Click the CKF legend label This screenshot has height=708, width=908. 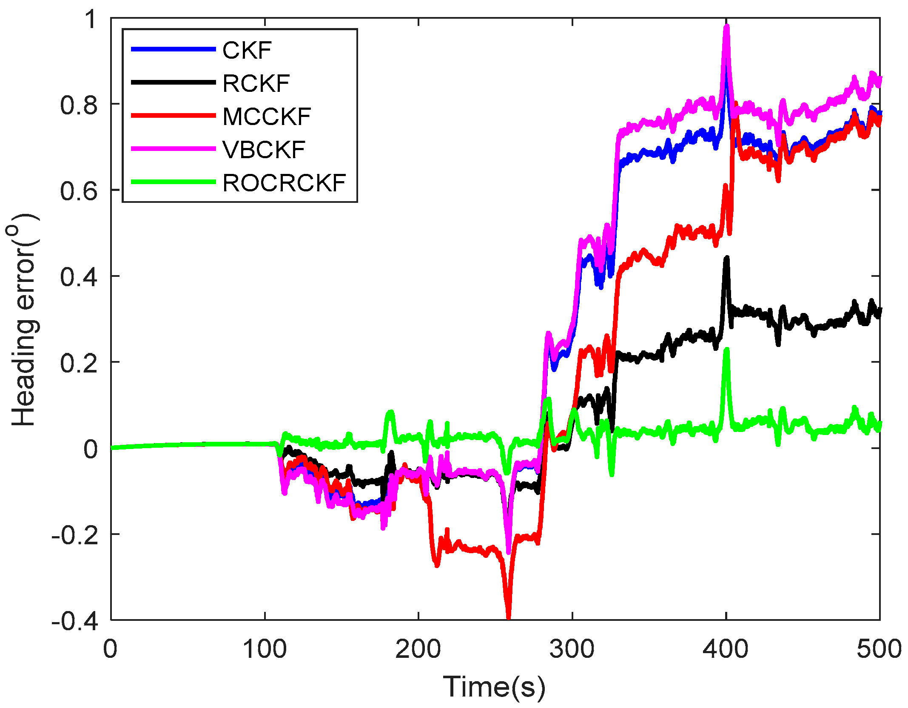tap(247, 50)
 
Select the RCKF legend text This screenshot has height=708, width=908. tap(256, 83)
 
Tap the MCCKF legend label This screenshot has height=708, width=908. tap(267, 117)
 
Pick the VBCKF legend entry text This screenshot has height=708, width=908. tap(264, 150)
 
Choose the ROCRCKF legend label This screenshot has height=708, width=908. tap(284, 183)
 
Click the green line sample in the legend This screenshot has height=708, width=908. tap(173, 182)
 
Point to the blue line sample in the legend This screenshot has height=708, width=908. tap(173, 49)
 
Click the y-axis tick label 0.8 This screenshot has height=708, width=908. tap(79, 105)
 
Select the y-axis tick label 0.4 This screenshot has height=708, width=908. tap(79, 277)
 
